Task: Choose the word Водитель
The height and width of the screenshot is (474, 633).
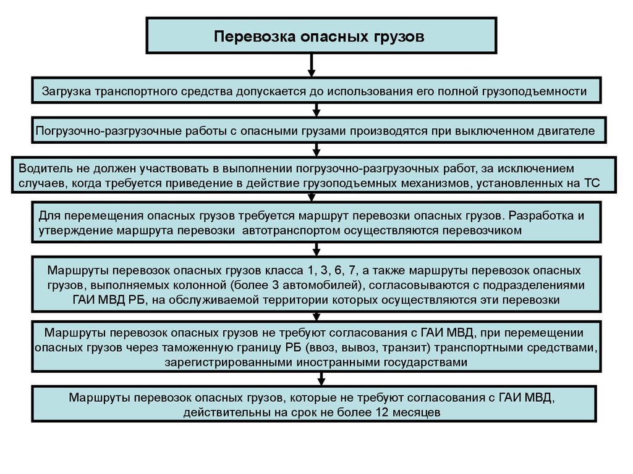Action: pyautogui.click(x=44, y=168)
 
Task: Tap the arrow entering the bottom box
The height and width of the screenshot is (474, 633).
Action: pyautogui.click(x=320, y=378)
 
